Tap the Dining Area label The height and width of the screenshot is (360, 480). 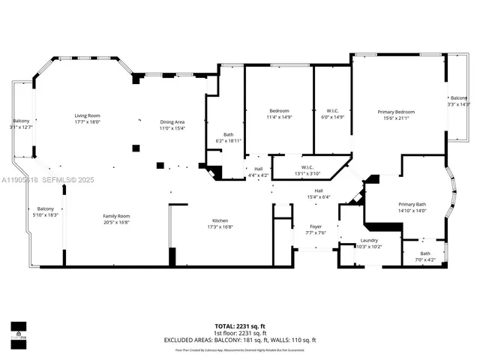pyautogui.click(x=172, y=121)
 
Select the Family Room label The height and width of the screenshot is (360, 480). pyautogui.click(x=116, y=216)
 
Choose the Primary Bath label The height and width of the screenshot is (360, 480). pyautogui.click(x=412, y=205)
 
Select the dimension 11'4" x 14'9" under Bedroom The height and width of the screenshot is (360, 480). pyautogui.click(x=279, y=117)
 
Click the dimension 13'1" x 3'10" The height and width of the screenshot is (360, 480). pyautogui.click(x=307, y=173)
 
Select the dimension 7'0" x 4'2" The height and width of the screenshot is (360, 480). pyautogui.click(x=425, y=259)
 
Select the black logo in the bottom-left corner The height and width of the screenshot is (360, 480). pyautogui.click(x=18, y=331)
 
